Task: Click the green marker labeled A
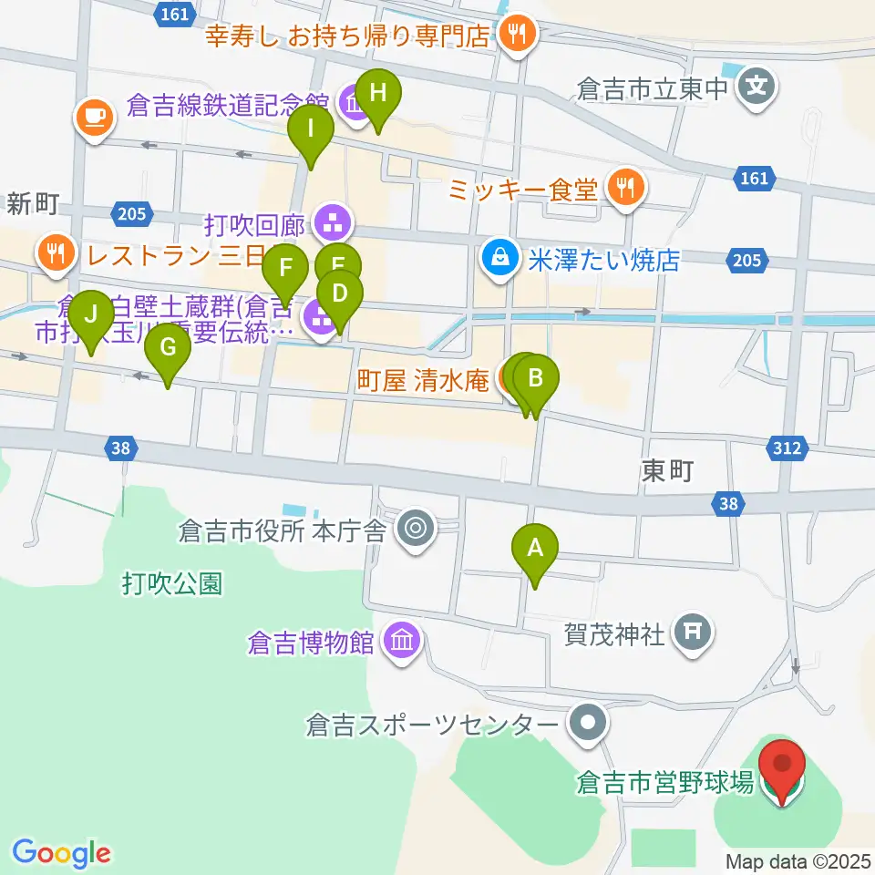[535, 550]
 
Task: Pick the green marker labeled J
[91, 316]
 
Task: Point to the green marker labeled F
[285, 271]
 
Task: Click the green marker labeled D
[339, 295]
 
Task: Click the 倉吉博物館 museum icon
[402, 642]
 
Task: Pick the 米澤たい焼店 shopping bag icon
[500, 259]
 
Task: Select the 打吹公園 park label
[172, 583]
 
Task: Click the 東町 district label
[668, 470]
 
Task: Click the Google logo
[61, 852]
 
